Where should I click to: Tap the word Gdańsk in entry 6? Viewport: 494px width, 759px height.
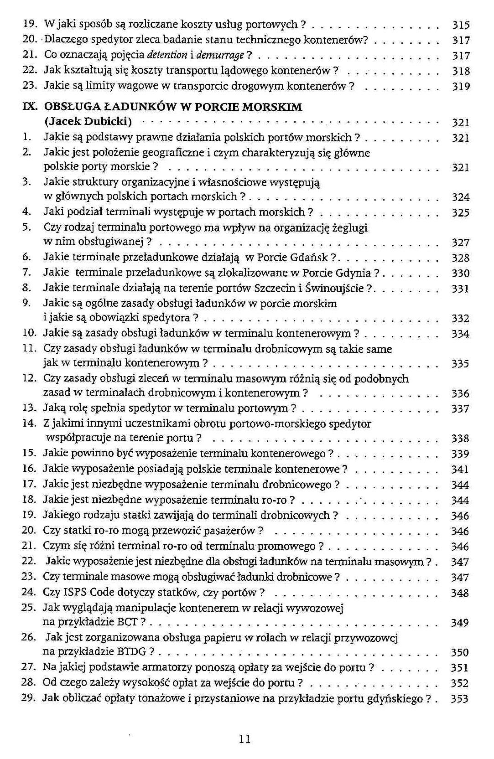click(x=310, y=258)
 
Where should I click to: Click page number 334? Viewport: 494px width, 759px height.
click(x=460, y=334)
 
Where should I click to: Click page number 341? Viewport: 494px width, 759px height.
click(x=460, y=469)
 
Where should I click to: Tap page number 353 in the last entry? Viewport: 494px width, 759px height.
click(x=459, y=699)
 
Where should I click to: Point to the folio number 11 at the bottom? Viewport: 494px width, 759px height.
click(x=245, y=739)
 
